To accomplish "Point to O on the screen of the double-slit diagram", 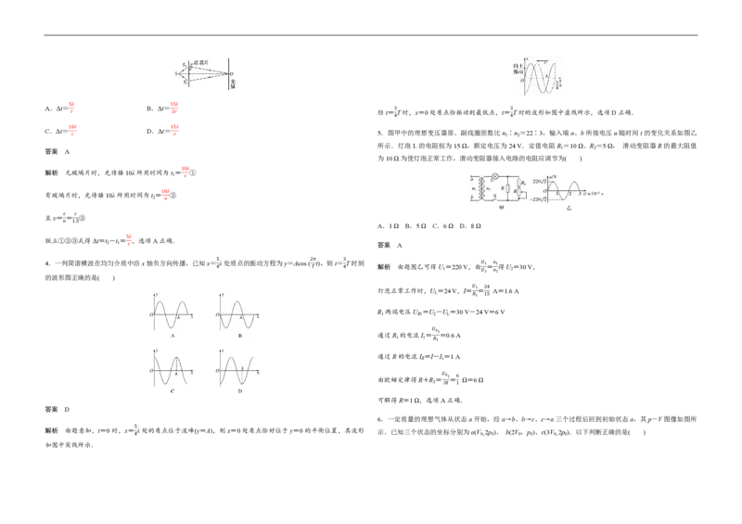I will point(232,73).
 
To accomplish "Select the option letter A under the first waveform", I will point(173,335).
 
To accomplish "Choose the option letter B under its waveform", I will point(239,335).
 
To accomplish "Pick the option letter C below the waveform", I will point(173,391).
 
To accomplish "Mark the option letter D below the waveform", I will point(239,391).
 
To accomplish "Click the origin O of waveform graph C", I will point(151,371).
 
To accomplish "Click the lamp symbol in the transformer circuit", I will point(495,176).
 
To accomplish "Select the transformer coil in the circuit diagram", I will point(481,188).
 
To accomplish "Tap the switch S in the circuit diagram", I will point(495,198).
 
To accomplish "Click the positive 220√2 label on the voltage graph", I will point(538,182).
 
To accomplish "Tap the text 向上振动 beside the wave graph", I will point(518,70).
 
